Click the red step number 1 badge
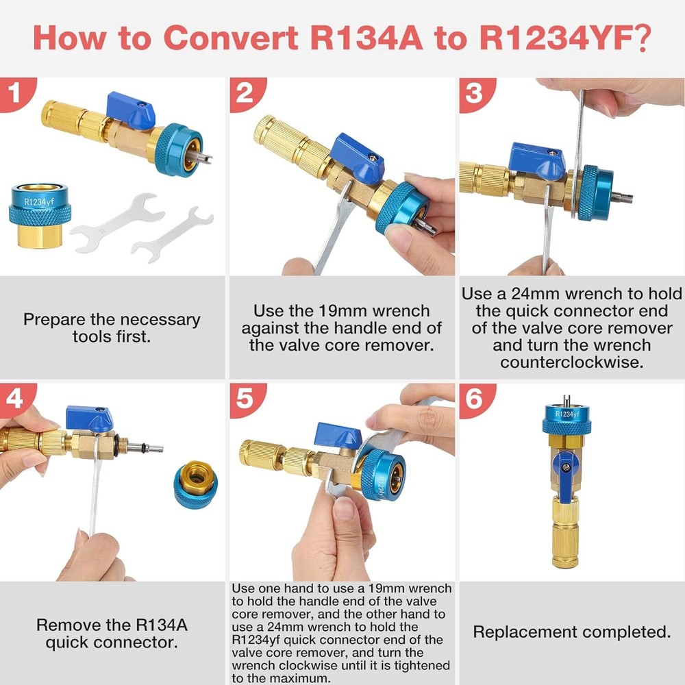(x=15, y=93)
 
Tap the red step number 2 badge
(x=246, y=93)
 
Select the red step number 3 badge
(x=476, y=93)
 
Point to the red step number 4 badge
(x=15, y=399)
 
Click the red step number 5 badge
(x=246, y=399)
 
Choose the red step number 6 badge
(x=476, y=399)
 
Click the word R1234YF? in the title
(x=565, y=38)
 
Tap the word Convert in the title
(x=231, y=38)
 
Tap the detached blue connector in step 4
(x=196, y=484)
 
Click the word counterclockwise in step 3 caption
(x=572, y=362)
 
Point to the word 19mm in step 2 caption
(x=340, y=311)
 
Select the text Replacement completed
(x=571, y=632)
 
